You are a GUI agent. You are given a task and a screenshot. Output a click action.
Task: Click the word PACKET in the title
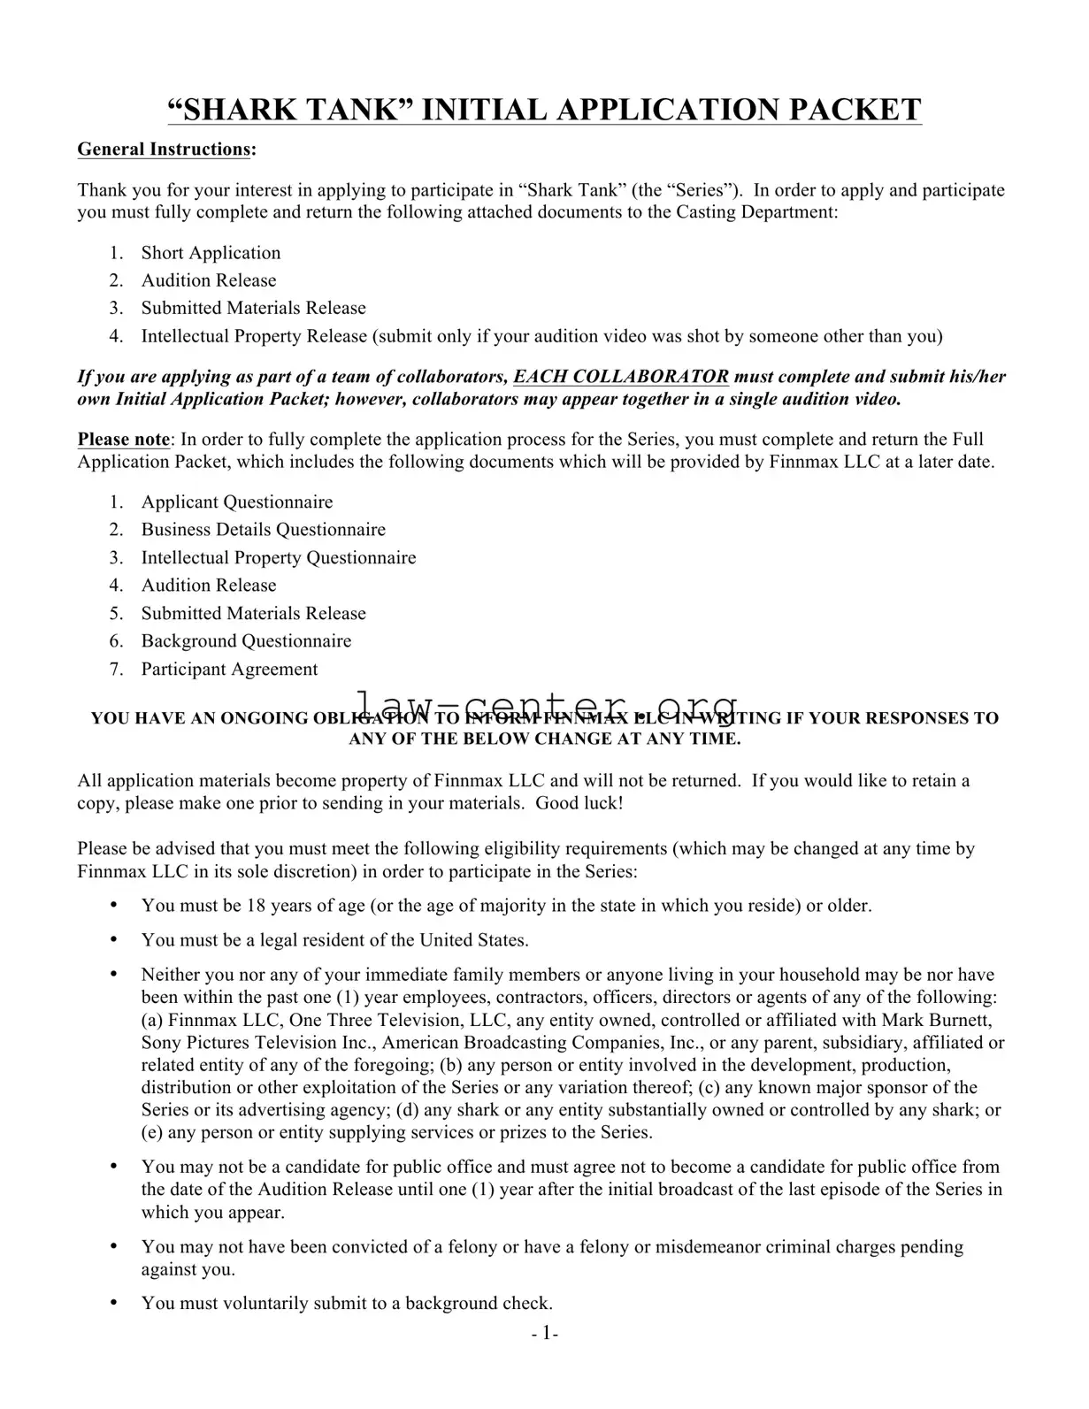point(853,110)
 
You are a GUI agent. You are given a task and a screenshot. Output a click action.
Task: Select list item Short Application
point(211,253)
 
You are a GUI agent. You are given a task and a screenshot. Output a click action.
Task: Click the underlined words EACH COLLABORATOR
point(621,377)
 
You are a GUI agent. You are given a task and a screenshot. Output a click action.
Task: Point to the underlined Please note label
point(123,440)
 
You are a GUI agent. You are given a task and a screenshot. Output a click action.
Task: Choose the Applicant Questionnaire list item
point(237,502)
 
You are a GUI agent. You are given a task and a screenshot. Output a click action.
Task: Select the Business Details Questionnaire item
point(263,530)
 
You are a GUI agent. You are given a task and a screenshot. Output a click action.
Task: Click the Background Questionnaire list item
point(246,641)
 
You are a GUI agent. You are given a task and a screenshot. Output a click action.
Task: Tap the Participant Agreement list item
point(229,670)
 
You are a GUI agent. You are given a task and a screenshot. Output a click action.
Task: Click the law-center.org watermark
point(546,705)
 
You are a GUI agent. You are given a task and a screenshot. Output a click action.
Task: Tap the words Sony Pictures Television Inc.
point(257,1043)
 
